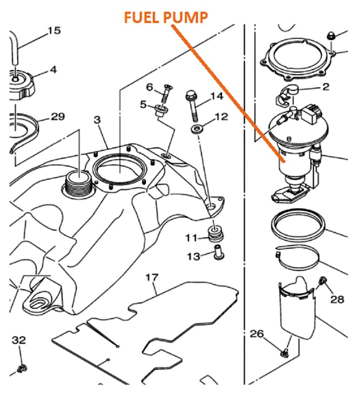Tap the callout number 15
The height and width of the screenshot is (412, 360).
click(x=54, y=31)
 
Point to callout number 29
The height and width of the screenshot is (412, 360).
click(x=58, y=116)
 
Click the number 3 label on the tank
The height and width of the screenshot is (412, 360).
click(x=97, y=119)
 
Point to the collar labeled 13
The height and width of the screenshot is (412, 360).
click(x=218, y=253)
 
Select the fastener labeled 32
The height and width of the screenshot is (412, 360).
click(x=20, y=369)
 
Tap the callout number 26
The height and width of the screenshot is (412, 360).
click(x=257, y=334)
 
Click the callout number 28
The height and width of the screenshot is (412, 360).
click(x=337, y=299)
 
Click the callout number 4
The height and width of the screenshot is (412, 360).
click(x=53, y=69)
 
